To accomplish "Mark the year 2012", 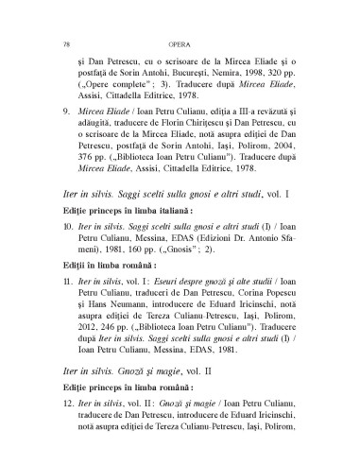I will [86, 396].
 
